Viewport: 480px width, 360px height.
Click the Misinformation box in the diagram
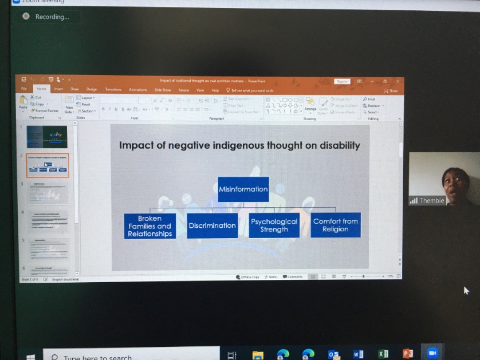(x=243, y=189)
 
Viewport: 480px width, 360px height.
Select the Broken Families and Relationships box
(x=149, y=226)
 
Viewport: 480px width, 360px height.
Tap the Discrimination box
(x=212, y=226)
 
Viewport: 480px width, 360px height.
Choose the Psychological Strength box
(x=274, y=226)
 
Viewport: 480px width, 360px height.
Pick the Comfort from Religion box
(x=336, y=225)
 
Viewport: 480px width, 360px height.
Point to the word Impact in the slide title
(x=135, y=145)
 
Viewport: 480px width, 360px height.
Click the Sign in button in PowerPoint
(x=342, y=81)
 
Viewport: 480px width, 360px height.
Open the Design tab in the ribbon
(x=92, y=89)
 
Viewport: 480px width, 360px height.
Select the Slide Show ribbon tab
(x=163, y=90)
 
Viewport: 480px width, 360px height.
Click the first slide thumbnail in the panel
(x=46, y=137)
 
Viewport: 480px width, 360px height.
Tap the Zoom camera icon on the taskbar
(x=432, y=353)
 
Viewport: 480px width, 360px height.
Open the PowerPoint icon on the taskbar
(x=408, y=353)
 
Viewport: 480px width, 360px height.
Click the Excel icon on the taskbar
(x=383, y=354)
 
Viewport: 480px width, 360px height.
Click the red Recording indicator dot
(x=26, y=17)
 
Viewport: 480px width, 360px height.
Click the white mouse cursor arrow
(x=466, y=290)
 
